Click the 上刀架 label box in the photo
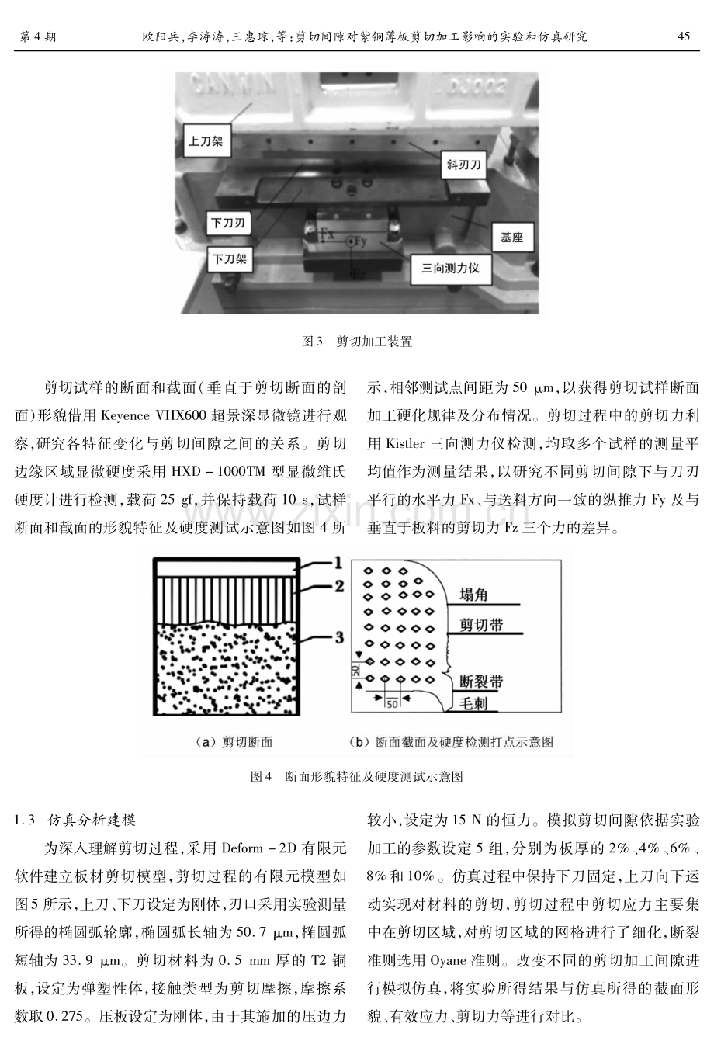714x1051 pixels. pyautogui.click(x=206, y=140)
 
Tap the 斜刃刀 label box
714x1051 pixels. pyautogui.click(x=463, y=165)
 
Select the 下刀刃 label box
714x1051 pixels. pyautogui.click(x=228, y=223)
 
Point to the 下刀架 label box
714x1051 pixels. pyautogui.click(x=230, y=259)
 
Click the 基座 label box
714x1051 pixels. pyautogui.click(x=511, y=238)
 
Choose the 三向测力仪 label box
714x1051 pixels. pyautogui.click(x=450, y=269)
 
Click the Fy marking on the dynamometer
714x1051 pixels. pyautogui.click(x=360, y=241)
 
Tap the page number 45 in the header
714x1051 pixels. pyautogui.click(x=684, y=36)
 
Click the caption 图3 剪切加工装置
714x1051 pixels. pyautogui.click(x=356, y=341)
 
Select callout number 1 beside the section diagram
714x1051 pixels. pyautogui.click(x=338, y=562)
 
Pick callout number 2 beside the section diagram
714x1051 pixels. pyautogui.click(x=339, y=585)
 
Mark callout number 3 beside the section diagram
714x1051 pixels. pyautogui.click(x=339, y=637)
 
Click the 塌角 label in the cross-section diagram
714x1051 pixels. pyautogui.click(x=473, y=595)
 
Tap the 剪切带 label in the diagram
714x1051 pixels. pyautogui.click(x=481, y=625)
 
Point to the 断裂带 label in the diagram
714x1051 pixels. pyautogui.click(x=481, y=682)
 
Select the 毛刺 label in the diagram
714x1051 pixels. pyautogui.click(x=473, y=703)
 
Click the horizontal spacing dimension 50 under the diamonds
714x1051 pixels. pyautogui.click(x=393, y=704)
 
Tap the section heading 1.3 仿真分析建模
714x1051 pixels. pyautogui.click(x=75, y=820)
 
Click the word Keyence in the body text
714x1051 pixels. pyautogui.click(x=125, y=416)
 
